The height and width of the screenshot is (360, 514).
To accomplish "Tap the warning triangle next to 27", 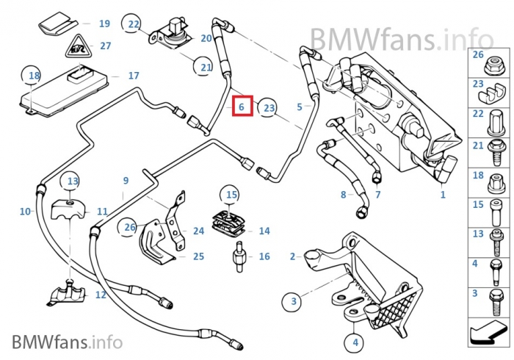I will tap(76, 49).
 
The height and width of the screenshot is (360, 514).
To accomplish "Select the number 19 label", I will tap(104, 24).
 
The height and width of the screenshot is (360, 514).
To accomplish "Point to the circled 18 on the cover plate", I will tap(34, 75).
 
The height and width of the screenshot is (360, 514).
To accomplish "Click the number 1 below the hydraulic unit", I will tap(443, 195).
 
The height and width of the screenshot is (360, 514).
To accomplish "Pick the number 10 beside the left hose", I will tap(26, 212).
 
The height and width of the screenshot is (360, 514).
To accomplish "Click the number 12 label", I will tap(101, 295).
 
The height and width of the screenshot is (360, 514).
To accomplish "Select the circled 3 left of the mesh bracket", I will tap(293, 301).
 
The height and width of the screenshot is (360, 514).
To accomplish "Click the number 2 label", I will tap(292, 256).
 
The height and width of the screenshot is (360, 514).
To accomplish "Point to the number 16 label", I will tap(264, 256).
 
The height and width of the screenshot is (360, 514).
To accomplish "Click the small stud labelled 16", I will tap(238, 256).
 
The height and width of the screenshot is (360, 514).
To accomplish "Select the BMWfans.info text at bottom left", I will tap(67, 341).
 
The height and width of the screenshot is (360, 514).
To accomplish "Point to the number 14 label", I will tap(264, 231).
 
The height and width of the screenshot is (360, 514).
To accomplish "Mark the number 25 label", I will tap(198, 256).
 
